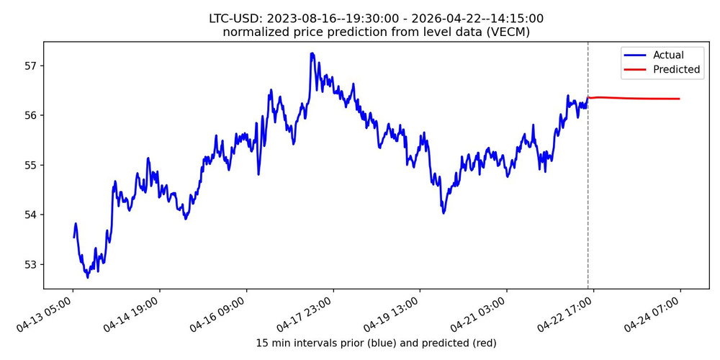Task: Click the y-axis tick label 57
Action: coord(30,66)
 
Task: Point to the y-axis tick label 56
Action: coord(30,116)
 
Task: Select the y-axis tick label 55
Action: coord(30,166)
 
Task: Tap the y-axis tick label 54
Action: coord(30,215)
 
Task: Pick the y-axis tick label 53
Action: coord(30,264)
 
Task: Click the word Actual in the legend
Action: coord(668,55)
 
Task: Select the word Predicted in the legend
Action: coord(676,70)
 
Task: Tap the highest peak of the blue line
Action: coord(312,53)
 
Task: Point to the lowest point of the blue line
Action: coord(88,277)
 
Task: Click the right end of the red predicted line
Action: coord(680,99)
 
